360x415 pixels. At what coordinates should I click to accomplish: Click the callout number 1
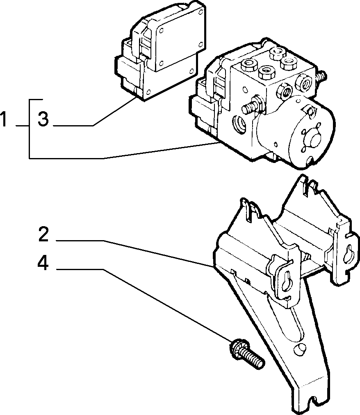click(3, 119)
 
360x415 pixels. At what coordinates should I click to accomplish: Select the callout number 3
click(43, 119)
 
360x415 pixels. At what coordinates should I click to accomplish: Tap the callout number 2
click(43, 234)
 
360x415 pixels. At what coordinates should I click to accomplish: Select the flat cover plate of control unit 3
click(179, 40)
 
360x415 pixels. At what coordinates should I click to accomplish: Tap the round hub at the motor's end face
click(314, 139)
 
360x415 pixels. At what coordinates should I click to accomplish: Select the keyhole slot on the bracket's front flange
click(286, 283)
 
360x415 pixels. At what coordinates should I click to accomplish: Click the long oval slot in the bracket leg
click(296, 323)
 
